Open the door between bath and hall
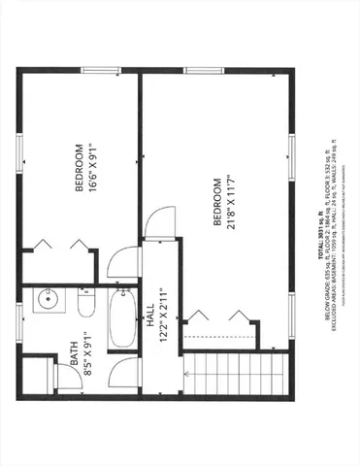click(120, 374)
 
